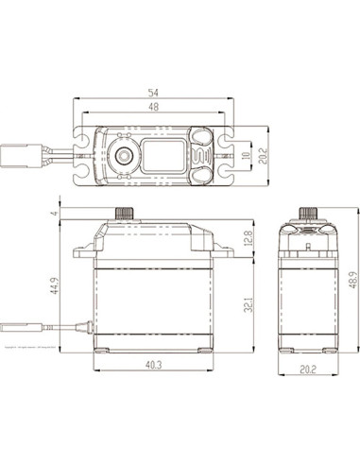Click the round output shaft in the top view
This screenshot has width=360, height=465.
pos(123,155)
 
